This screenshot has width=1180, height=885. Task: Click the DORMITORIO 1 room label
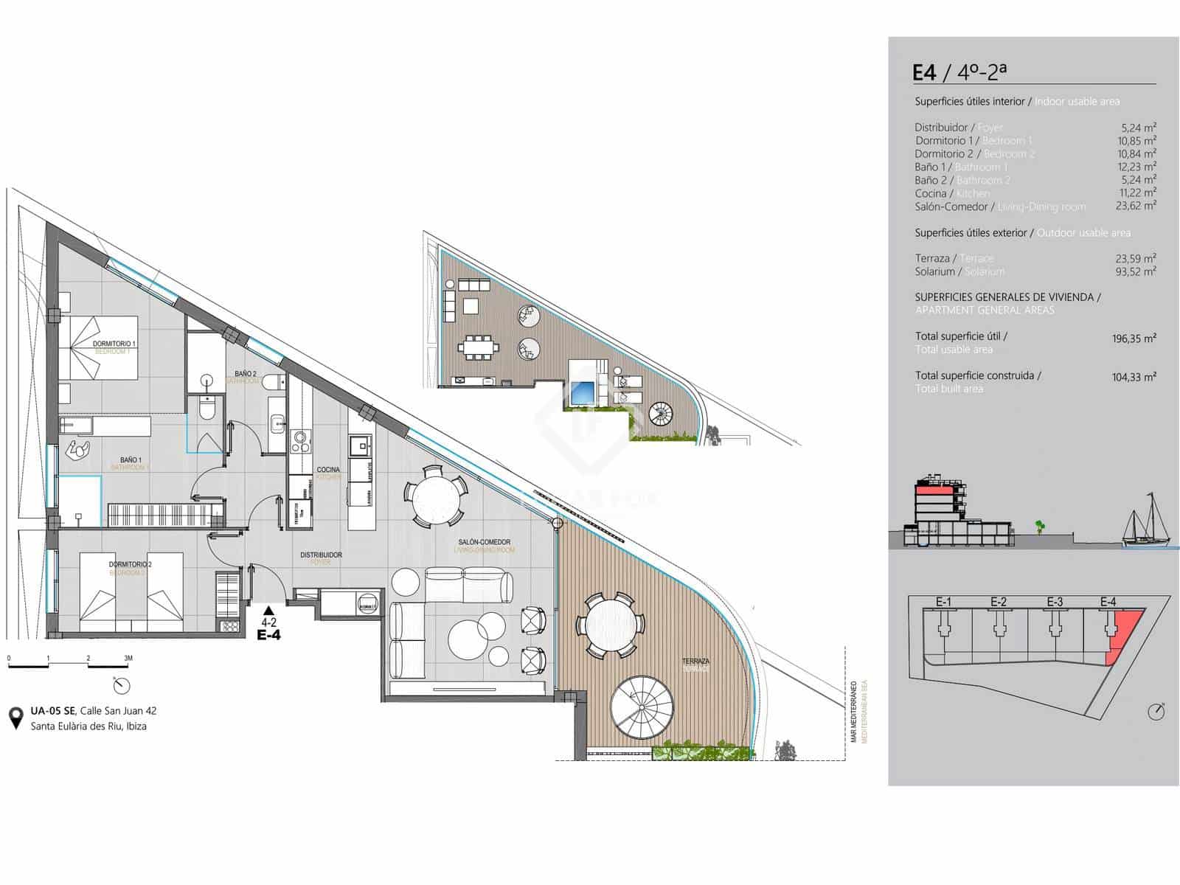click(114, 344)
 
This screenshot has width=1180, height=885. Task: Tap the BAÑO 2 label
click(246, 374)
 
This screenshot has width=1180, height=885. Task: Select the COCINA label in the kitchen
click(328, 470)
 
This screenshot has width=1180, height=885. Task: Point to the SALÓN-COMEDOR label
click(483, 542)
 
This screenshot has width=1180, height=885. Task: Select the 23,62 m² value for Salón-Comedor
click(1136, 206)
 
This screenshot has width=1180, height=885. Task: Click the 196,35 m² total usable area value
click(1134, 339)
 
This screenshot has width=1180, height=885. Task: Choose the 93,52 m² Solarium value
click(1136, 271)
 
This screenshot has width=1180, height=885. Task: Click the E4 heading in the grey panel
click(924, 72)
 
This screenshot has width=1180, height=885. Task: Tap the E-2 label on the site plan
click(998, 602)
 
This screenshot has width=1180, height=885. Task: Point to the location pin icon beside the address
click(15, 718)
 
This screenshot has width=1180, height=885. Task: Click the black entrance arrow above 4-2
click(268, 610)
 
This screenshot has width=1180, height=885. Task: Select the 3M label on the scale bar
click(128, 658)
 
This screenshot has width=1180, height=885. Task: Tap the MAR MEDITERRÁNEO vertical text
click(853, 712)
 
